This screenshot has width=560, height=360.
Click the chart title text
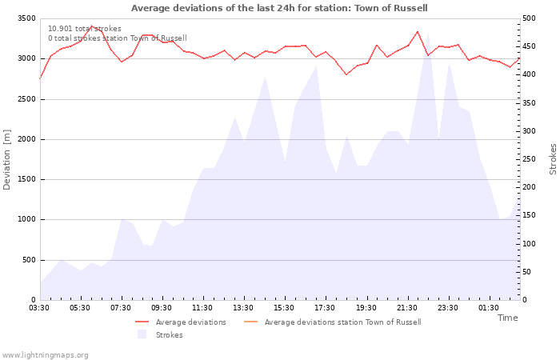coord(279,8)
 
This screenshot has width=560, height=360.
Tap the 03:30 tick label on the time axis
coord(39,308)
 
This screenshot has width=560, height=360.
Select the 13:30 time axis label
coord(243,308)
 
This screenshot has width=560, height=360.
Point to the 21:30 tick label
coord(406,308)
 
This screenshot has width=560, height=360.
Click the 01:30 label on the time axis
coord(489,308)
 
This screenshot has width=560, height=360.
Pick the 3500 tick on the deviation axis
coord(26,18)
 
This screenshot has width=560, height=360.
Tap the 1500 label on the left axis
coord(26,180)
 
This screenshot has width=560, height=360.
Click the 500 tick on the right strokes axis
coord(529,18)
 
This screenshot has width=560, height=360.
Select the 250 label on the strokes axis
coord(529,159)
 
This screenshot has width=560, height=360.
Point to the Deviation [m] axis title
coord(6,160)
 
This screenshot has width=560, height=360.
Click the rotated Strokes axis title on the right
coord(553,159)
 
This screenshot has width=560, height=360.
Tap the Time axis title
coord(508,318)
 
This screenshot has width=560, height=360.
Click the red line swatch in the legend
coord(142,322)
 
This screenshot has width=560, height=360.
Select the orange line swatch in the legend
coord(250,322)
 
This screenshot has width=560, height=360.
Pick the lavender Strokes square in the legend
coord(142,334)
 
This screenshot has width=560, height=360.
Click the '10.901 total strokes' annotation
coord(85,29)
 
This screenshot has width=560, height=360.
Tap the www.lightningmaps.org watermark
coord(45,355)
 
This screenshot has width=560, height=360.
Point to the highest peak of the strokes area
coord(428,33)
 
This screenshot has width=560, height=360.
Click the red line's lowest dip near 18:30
coord(346,74)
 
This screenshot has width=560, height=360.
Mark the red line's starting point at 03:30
coord(40,78)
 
